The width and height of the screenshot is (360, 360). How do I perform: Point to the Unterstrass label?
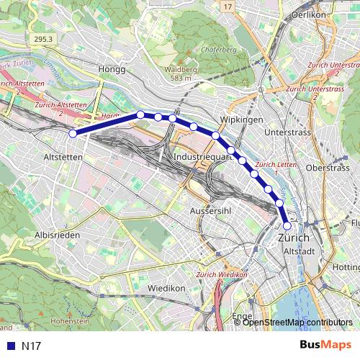coord(287,133)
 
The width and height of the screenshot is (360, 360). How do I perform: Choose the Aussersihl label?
coord(210,210)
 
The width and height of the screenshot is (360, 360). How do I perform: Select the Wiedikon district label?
coord(166,287)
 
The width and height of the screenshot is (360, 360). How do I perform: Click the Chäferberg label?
coord(220,50)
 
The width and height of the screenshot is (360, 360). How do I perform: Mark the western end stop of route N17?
coord(73,133)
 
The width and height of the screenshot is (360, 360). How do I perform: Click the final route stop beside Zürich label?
coord(287,225)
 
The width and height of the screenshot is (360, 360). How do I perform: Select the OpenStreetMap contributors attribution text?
coord(297,322)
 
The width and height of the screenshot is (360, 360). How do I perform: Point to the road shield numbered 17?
coord(229,6)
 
